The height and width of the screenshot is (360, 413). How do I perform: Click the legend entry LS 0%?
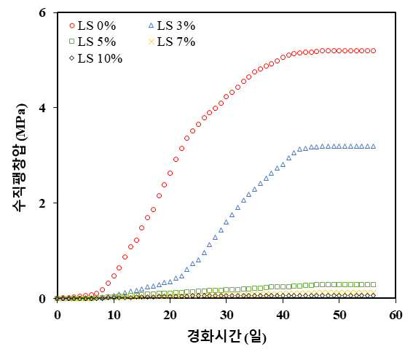coord(93,26)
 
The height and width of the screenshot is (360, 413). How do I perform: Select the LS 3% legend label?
coord(172,26)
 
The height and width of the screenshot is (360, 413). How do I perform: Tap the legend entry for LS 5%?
coord(93,42)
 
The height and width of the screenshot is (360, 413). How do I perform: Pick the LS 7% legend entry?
coord(172,42)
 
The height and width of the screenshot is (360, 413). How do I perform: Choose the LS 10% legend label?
coord(96,58)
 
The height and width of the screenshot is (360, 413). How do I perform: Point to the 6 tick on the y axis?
coord(42,12)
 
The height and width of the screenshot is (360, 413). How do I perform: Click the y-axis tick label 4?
coord(42,108)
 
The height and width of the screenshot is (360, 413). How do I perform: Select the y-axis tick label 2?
coord(42,203)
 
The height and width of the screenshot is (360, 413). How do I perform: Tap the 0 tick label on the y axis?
coord(42,299)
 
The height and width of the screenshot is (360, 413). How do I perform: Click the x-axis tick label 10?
coord(114,315)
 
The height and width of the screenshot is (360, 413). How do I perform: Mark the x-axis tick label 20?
coord(170,315)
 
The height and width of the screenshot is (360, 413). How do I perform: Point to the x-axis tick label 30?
coord(227,315)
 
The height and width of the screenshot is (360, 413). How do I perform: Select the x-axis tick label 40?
coord(283,315)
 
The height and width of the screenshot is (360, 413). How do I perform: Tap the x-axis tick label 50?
coord(339,315)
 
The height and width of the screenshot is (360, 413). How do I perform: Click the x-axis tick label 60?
coord(396,315)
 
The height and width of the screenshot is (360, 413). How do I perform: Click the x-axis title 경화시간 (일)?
coord(227,337)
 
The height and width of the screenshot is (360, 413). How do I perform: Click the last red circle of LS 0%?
coord(373,50)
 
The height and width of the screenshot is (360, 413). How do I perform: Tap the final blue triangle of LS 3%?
coord(373,146)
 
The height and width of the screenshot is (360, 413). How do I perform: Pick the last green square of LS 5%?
coord(373,284)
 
